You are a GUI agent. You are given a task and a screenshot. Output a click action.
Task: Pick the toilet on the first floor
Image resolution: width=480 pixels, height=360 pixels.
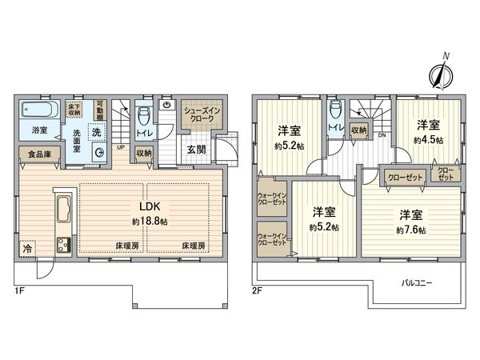[x=144, y=114]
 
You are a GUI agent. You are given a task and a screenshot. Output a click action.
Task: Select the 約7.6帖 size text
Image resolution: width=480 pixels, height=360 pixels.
[x=409, y=230]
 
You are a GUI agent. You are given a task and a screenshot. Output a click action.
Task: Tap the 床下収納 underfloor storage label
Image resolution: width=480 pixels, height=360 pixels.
[x=74, y=108]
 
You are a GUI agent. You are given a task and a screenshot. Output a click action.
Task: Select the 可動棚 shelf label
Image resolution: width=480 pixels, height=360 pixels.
[x=100, y=108]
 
